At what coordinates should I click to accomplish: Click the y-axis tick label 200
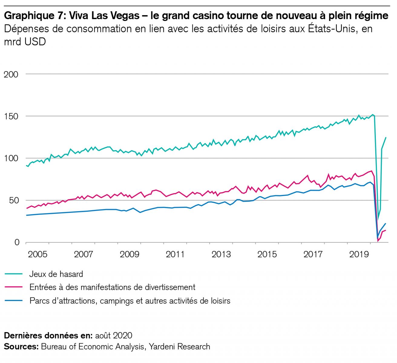(11, 74)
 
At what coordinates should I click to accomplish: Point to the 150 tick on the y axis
(11, 116)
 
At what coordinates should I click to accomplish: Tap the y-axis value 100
(11, 158)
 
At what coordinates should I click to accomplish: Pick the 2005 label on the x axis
(38, 254)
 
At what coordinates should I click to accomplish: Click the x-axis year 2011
(175, 254)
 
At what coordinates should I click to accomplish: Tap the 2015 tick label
(267, 254)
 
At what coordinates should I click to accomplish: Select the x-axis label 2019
(359, 254)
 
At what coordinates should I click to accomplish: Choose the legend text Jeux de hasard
(56, 274)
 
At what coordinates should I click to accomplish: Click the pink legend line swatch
(14, 287)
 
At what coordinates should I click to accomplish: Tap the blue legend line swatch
(14, 300)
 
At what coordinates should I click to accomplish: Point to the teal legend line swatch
(14, 274)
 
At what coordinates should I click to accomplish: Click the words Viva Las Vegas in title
(100, 16)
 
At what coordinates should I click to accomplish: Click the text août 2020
(113, 335)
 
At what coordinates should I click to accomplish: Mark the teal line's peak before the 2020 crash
(373, 115)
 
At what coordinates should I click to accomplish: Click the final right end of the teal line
(386, 138)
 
